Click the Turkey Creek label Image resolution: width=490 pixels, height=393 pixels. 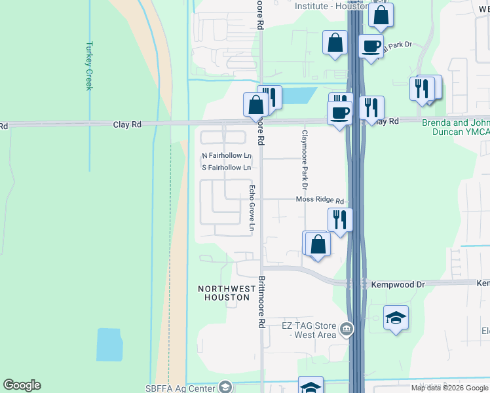click(89, 66)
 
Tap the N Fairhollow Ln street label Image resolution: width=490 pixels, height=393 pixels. click(227, 156)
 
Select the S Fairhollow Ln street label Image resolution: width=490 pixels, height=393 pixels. click(227, 168)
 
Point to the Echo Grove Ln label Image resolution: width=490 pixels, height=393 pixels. click(252, 208)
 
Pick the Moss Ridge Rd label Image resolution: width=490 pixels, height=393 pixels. click(320, 200)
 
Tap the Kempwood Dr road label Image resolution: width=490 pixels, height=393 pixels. click(398, 285)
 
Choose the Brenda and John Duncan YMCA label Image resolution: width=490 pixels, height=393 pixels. click(455, 126)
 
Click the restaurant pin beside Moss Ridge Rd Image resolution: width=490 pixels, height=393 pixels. click(340, 219)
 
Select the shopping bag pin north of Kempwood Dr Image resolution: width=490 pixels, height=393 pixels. click(318, 244)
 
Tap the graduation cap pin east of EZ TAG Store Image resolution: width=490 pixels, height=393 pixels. click(396, 318)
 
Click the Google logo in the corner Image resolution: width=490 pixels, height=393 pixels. click(22, 385)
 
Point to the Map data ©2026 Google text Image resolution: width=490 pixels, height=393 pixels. click(449, 388)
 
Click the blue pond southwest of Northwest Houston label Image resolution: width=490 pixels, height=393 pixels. click(109, 345)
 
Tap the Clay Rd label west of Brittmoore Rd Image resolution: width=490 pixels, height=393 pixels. click(127, 124)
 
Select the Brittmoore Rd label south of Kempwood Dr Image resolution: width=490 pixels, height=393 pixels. click(261, 301)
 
